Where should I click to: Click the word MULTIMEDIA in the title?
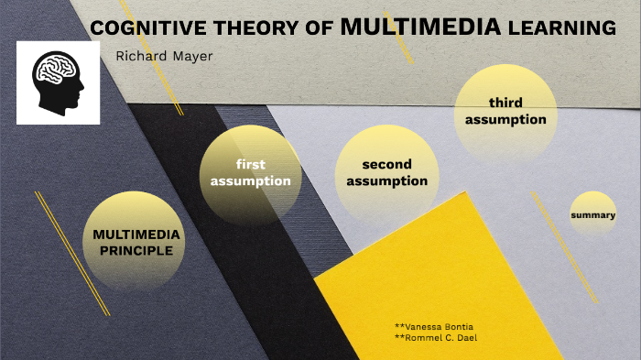point(420,27)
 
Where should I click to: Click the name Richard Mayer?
point(164,57)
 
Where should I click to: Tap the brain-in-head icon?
point(58,82)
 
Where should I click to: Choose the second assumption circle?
point(386,173)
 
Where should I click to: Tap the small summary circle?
point(592,215)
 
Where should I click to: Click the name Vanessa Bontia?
point(434,326)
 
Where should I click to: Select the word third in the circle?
point(505,103)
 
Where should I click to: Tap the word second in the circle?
point(386,165)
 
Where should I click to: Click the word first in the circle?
point(250,165)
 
